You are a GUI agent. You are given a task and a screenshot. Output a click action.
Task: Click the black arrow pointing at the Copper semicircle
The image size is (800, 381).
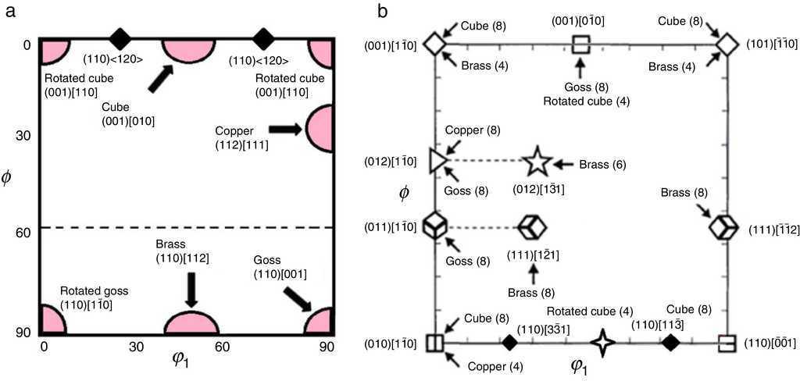pos(285,130)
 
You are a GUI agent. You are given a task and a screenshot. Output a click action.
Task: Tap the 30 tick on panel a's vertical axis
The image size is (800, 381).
pos(23,135)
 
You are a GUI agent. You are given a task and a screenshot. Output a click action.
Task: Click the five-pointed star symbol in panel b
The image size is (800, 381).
pos(537,162)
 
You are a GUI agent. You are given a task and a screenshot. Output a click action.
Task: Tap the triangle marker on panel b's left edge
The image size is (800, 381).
pos(437,161)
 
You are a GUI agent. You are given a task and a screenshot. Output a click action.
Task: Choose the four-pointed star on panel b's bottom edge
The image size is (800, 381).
pos(602,342)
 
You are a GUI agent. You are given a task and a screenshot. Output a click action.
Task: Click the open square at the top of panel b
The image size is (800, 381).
pos(580,45)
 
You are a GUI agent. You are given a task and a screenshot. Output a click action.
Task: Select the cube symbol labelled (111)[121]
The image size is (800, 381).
pos(532,227)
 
